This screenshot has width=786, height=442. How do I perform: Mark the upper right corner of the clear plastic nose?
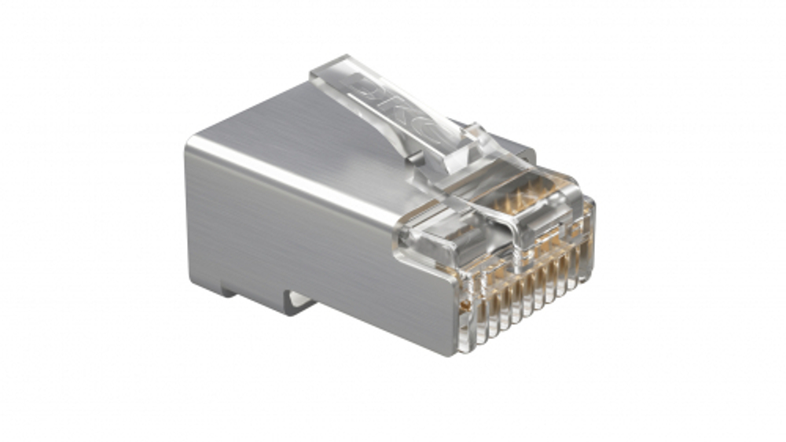(x=591, y=203)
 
